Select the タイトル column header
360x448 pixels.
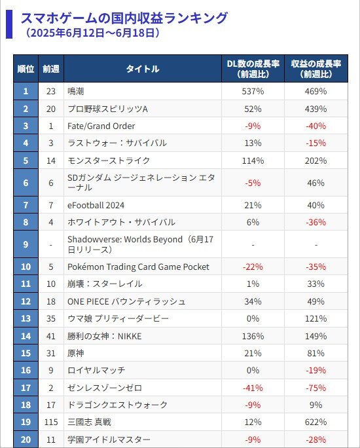[143, 69]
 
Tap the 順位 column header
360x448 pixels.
[26, 69]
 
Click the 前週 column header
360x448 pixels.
[51, 69]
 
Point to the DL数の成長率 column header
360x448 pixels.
[253, 69]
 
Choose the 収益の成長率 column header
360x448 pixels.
[316, 69]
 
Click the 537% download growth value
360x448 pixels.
[253, 92]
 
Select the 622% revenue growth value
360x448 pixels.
[316, 422]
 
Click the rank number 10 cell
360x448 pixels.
[26, 267]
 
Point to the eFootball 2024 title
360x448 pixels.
[96, 205]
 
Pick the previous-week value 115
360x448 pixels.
[51, 422]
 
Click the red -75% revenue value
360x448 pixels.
[316, 388]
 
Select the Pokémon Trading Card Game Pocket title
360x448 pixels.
[138, 267]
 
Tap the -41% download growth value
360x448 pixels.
[253, 388]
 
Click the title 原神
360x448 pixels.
[76, 353]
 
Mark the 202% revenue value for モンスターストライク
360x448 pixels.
[316, 160]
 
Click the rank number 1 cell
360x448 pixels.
[26, 92]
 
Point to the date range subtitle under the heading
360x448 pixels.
[92, 33]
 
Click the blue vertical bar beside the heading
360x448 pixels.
[9, 24]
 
